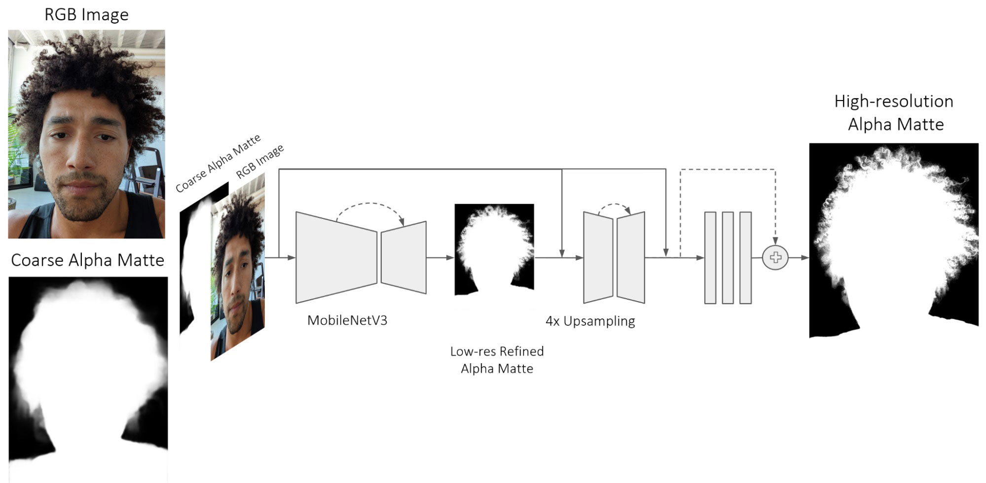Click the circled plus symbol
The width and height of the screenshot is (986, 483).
click(775, 257)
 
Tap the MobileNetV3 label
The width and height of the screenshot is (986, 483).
click(347, 320)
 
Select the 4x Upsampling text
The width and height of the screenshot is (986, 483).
click(590, 321)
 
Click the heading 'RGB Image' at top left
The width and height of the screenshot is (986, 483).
click(86, 15)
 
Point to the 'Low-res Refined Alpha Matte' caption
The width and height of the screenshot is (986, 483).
click(497, 360)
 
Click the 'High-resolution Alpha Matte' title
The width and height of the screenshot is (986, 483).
click(894, 112)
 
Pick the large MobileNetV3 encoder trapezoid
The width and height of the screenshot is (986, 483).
click(336, 257)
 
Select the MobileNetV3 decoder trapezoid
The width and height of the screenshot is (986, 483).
click(403, 257)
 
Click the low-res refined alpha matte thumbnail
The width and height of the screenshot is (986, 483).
click(494, 249)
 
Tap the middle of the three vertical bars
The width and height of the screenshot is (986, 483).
click(728, 258)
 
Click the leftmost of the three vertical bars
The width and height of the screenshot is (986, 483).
click(710, 258)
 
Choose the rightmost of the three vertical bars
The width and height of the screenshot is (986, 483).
click(745, 258)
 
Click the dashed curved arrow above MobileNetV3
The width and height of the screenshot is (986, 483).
click(369, 203)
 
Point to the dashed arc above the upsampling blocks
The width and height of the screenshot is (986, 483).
click(614, 204)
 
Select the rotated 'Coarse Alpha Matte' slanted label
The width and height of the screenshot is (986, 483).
click(218, 163)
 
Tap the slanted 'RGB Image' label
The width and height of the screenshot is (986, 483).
click(260, 161)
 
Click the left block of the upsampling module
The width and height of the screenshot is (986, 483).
click(598, 257)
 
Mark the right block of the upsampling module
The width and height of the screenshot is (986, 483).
click(631, 257)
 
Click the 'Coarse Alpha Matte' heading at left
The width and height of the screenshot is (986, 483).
click(87, 260)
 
